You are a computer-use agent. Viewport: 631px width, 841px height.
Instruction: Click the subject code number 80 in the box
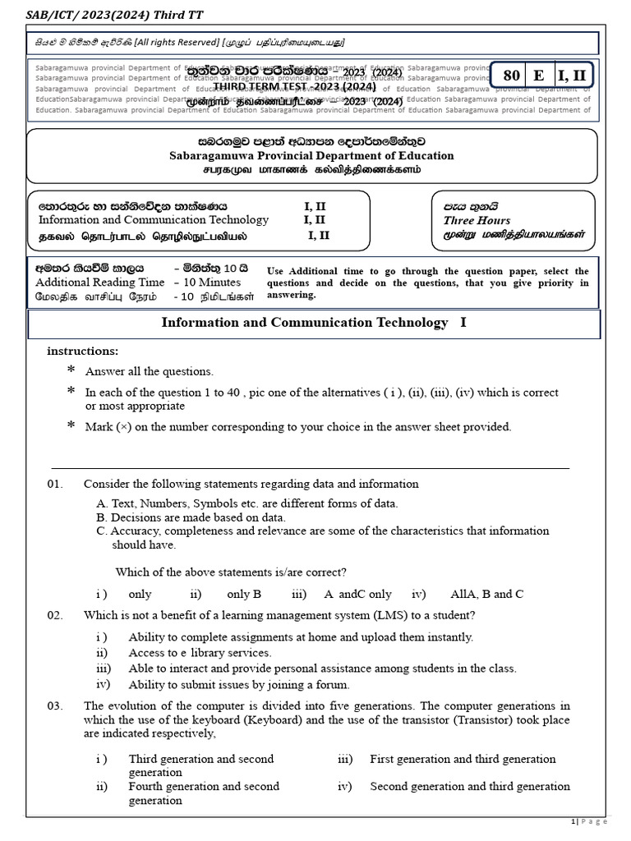(511, 76)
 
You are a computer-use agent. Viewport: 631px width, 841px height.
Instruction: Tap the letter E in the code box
(539, 76)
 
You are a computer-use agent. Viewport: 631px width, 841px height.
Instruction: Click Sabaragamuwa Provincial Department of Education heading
(311, 155)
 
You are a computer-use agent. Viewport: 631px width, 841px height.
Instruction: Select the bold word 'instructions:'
(83, 351)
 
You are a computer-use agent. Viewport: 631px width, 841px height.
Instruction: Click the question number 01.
(55, 484)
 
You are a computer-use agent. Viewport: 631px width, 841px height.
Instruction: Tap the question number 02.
(55, 615)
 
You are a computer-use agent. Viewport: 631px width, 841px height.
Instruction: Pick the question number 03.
(55, 706)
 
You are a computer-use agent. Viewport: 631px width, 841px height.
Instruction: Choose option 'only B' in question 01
(244, 594)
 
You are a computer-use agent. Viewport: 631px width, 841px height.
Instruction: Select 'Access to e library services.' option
(200, 653)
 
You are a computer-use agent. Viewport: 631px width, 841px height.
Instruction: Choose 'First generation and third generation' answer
(463, 759)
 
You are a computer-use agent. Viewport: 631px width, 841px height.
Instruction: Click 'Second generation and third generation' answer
(470, 786)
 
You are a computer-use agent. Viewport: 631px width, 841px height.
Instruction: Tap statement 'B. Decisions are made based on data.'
(191, 517)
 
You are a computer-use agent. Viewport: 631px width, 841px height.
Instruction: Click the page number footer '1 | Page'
(588, 821)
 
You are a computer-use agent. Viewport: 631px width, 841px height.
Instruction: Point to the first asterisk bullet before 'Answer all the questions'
(71, 371)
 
